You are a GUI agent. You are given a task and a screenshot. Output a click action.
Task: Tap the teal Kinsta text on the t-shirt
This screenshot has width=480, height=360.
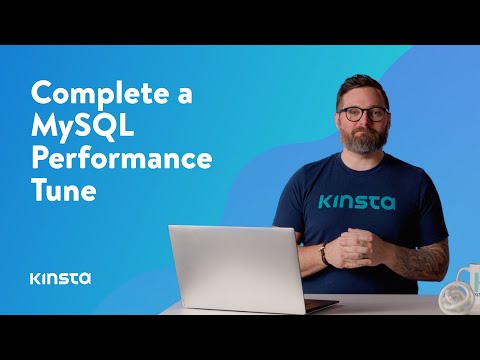pyautogui.click(x=356, y=201)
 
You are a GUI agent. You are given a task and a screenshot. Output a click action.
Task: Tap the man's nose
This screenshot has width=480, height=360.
pyautogui.click(x=363, y=123)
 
